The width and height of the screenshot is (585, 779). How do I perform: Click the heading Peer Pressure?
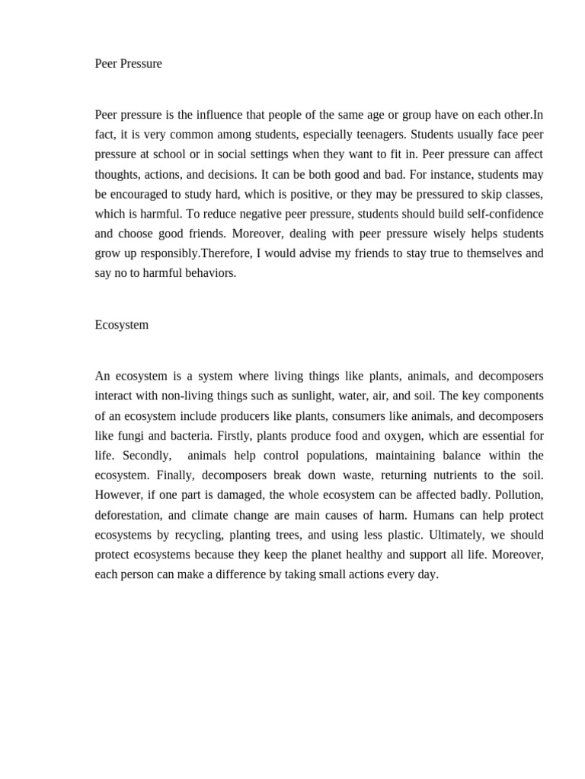tap(128, 64)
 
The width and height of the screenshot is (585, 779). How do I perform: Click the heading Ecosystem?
tap(122, 325)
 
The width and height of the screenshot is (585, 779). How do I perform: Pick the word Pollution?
tap(519, 495)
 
